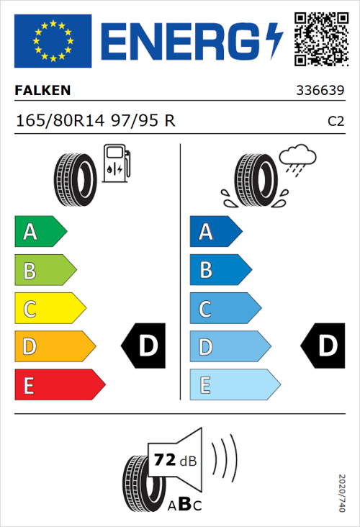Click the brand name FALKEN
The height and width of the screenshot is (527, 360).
coord(42,91)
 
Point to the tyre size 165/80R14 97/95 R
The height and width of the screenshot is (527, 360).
coord(95,120)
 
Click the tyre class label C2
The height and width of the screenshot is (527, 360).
coord(336,121)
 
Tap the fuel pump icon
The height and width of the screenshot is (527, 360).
coord(115,163)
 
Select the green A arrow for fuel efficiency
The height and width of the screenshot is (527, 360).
coord(40,232)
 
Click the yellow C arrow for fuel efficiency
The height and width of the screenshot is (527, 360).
coord(49,309)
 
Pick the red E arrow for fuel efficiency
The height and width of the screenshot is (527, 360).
coord(59,385)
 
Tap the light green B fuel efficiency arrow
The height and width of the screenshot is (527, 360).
coord(45,271)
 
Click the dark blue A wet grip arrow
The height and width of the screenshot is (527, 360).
coord(215,232)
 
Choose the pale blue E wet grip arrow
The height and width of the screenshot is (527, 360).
coord(234,385)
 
